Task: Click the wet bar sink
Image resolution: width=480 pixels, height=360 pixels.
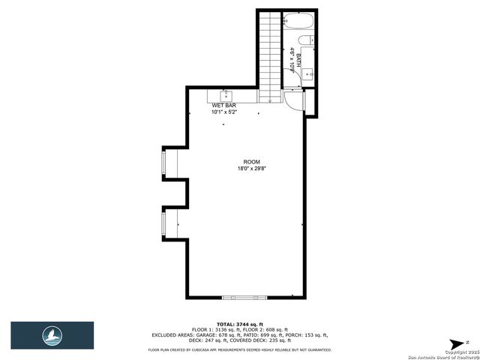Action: point(225,94)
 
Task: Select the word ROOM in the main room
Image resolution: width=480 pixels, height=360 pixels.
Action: point(250,162)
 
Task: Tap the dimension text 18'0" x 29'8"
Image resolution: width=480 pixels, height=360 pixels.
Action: point(250,169)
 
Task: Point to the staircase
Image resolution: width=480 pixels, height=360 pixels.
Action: point(269,52)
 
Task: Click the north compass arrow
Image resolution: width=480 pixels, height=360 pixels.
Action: point(455,344)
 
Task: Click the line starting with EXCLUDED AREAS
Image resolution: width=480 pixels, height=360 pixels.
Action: point(240,334)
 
